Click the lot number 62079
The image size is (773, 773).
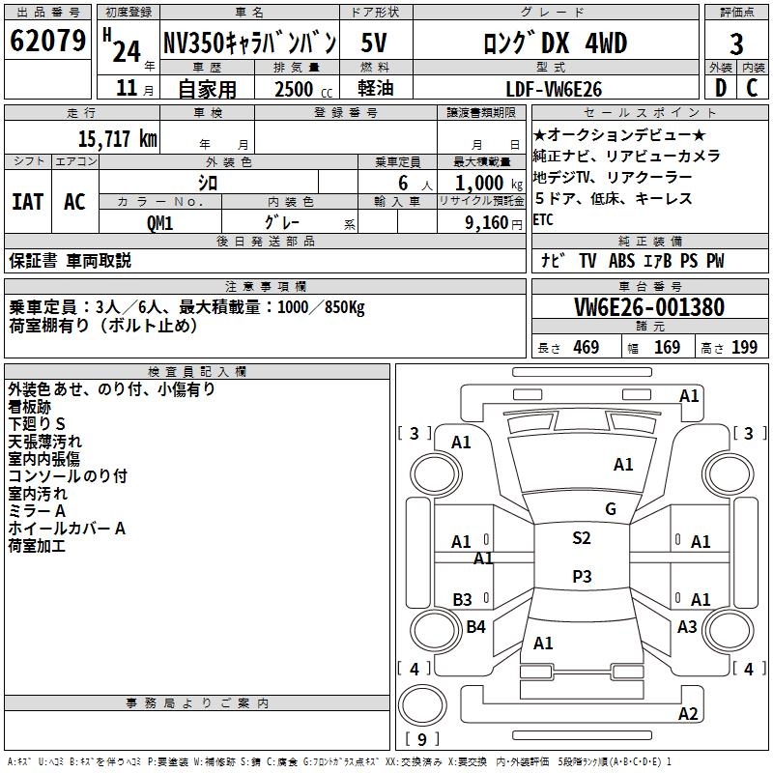tap(48, 43)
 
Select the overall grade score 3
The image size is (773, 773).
tap(736, 43)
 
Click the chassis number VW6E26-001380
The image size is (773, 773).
tap(648, 308)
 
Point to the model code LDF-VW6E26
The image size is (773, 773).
tap(555, 89)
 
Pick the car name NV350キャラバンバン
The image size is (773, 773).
tap(249, 43)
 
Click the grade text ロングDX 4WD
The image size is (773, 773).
tap(555, 43)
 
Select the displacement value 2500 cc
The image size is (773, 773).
tap(294, 89)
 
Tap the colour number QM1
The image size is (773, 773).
tap(159, 222)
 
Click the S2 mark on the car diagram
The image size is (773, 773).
tap(581, 538)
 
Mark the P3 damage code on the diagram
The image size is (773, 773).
tap(581, 577)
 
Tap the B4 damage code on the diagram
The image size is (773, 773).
tap(475, 627)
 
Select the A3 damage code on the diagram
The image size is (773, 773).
tap(687, 627)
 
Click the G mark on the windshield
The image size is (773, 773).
tap(610, 509)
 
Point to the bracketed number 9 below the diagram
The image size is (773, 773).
tap(422, 739)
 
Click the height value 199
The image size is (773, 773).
tap(744, 348)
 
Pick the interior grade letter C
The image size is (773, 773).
tap(753, 89)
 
